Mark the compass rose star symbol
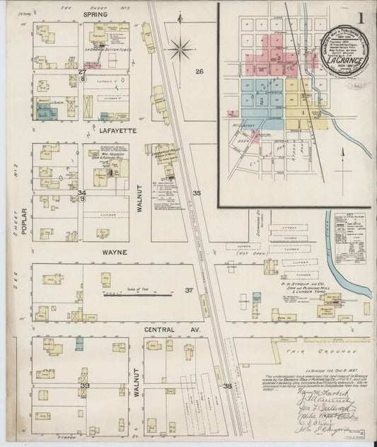click(x=182, y=50)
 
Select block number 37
click(x=189, y=291)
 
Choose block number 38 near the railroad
click(x=227, y=386)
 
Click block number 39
click(x=84, y=385)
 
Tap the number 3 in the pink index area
click(x=279, y=57)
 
